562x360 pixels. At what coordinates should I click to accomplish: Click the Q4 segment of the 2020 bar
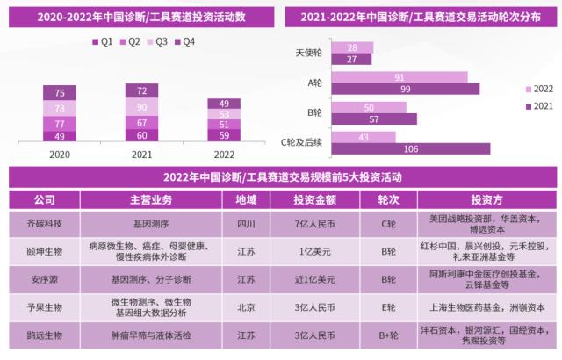[x=60, y=94]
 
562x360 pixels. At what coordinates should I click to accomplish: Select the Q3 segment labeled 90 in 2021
[x=140, y=108]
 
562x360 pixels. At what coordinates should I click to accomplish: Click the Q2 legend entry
[x=133, y=41]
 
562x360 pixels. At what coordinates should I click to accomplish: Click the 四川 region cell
[x=246, y=223]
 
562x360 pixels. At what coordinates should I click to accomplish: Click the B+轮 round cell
[x=385, y=335]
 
